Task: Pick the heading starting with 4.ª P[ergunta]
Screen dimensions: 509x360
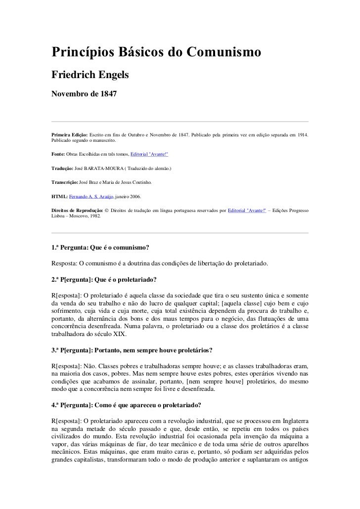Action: [126, 405]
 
